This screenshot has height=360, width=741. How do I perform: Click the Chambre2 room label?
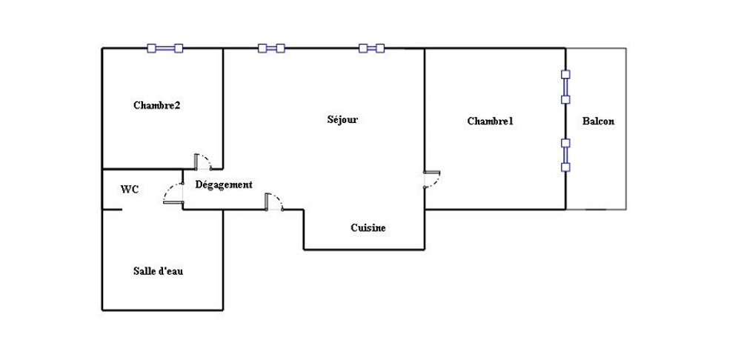156,105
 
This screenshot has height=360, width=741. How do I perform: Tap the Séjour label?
342,119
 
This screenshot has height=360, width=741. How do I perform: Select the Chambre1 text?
490,121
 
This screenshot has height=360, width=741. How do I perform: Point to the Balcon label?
598,121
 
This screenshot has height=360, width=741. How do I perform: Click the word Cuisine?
368,227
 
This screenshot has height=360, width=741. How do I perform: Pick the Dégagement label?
224,184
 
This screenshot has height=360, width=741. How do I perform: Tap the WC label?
130,190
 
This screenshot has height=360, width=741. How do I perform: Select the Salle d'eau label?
158,271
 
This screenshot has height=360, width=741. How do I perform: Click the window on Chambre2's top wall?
165,48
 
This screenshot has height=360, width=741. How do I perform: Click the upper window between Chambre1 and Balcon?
565,87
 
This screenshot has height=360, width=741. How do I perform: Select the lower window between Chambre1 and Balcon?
565,155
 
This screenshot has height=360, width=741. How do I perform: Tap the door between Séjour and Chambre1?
432,179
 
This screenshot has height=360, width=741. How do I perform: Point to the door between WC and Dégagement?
173,193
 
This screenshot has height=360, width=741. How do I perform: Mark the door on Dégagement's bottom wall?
274,201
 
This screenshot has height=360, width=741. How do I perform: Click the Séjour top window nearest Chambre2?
271,48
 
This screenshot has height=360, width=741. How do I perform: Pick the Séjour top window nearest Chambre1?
371,48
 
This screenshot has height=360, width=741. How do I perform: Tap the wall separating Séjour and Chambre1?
425,128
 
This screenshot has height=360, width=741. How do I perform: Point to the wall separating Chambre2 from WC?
143,169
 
